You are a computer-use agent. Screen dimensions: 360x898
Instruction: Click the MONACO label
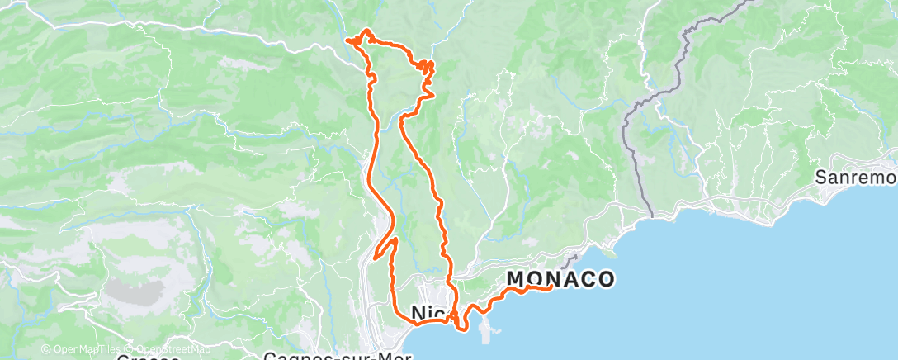click(x=560, y=279)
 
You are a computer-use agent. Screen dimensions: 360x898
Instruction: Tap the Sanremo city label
click(x=855, y=178)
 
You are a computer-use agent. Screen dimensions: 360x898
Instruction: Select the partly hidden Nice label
click(x=429, y=312)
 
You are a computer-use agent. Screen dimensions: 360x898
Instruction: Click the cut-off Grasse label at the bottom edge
click(x=149, y=357)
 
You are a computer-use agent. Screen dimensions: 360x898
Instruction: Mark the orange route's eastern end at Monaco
click(x=551, y=287)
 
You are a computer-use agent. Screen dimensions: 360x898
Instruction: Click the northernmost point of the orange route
click(x=364, y=31)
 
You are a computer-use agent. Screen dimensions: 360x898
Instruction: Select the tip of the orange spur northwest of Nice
click(x=376, y=257)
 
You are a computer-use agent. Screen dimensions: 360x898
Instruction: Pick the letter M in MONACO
click(x=516, y=279)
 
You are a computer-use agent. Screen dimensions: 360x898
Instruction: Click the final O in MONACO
click(x=605, y=279)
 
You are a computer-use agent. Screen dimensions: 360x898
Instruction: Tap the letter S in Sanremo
click(x=821, y=178)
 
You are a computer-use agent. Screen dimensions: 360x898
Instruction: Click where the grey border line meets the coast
click(x=652, y=216)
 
